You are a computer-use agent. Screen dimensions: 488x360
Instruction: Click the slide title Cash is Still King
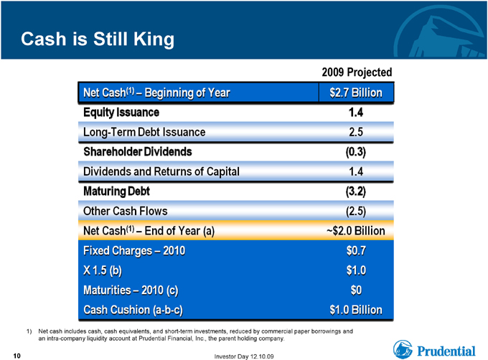pos(98,39)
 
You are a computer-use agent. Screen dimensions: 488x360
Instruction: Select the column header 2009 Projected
pos(357,72)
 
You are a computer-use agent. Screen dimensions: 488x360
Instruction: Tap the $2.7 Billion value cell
pos(356,93)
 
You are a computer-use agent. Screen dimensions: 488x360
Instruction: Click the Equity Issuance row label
pos(121,113)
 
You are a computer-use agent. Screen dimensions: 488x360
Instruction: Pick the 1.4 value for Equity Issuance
pos(356,112)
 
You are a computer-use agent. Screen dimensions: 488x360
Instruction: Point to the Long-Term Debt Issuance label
pos(144,132)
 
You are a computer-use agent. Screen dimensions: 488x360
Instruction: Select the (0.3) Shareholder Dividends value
pos(356,152)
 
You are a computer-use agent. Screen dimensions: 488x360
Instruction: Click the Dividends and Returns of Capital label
pos(161,171)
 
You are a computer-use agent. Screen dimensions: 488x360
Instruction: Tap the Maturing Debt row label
pos(116,191)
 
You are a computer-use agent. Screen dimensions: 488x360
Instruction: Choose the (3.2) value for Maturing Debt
pos(356,191)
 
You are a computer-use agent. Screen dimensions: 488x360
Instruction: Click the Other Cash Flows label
pos(125,211)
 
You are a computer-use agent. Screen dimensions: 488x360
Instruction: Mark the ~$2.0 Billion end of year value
pos(356,231)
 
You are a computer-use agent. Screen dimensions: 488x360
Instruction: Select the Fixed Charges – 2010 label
pos(134,250)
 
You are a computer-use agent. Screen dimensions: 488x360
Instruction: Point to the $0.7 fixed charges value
pos(356,250)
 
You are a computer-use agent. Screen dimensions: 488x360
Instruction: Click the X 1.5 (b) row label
pos(103,270)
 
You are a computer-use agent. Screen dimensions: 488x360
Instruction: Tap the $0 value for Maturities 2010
pos(356,290)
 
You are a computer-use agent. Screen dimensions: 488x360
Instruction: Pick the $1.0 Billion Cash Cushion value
pos(356,310)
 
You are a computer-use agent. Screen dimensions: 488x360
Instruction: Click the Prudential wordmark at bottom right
pos(446,351)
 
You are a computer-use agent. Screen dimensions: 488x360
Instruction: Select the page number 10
pos(17,356)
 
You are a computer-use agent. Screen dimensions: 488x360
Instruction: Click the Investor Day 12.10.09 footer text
pos(244,356)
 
